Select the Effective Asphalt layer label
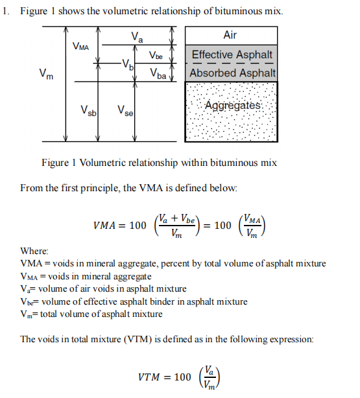232,55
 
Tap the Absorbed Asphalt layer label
232,73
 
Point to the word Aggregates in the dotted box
232,106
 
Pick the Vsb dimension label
89,111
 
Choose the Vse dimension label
125,111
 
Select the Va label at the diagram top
136,37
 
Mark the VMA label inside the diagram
81,47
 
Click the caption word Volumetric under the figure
111,163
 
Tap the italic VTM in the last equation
154,377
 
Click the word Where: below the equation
34,251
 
